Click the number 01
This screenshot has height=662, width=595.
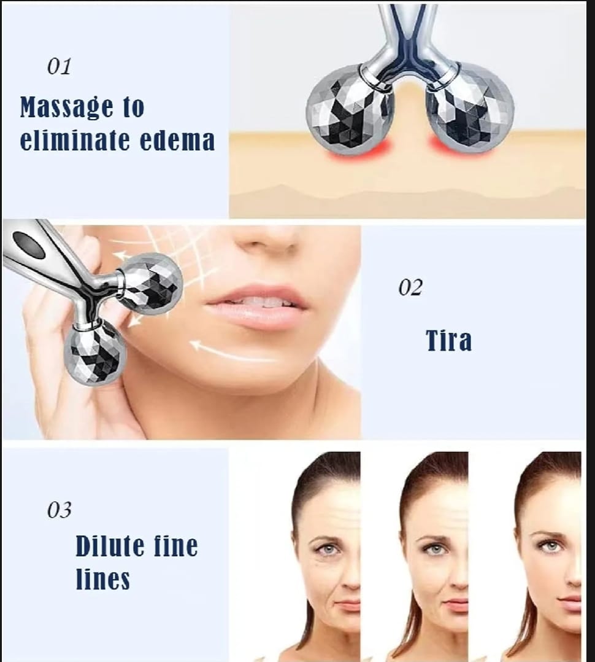coord(59,66)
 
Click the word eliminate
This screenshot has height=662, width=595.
coord(75,140)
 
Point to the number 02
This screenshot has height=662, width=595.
coord(410,287)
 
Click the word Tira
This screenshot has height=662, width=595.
coord(449,340)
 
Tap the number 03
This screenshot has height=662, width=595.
coord(59,510)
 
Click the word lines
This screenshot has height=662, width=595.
coord(102,579)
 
